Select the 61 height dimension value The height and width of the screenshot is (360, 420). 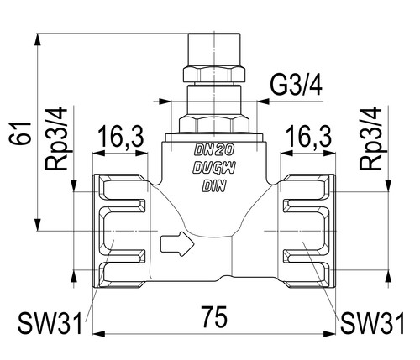(20, 133)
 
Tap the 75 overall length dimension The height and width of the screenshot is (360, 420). (214, 317)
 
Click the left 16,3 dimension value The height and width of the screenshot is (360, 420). (121, 138)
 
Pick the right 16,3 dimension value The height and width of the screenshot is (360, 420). (309, 138)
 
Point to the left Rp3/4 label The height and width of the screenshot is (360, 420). (56, 139)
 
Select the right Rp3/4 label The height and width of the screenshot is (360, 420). (370, 139)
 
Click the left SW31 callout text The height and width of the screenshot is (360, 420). (50, 324)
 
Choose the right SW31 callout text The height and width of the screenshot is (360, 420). (372, 324)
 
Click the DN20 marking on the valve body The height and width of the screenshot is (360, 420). (214, 150)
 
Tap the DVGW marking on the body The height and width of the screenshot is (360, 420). (214, 168)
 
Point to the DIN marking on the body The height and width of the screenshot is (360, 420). (214, 185)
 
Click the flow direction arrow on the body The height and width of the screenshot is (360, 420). (177, 243)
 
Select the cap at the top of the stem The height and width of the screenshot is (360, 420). (214, 50)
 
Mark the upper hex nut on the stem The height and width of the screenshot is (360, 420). (214, 74)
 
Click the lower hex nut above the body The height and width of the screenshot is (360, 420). (214, 124)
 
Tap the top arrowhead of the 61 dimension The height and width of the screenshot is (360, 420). (37, 40)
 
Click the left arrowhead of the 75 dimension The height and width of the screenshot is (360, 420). (98, 334)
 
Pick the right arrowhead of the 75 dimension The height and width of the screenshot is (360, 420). (329, 334)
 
